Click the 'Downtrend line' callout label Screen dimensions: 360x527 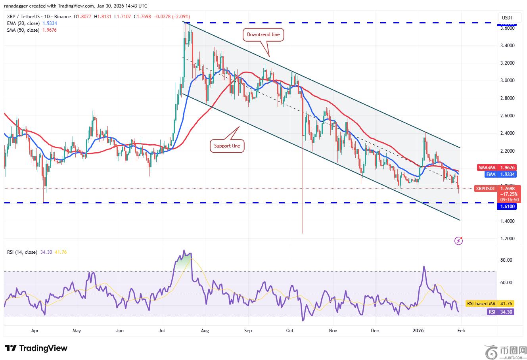pyautogui.click(x=263, y=34)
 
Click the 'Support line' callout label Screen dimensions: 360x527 pyautogui.click(x=227, y=146)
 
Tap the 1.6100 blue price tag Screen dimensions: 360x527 pyautogui.click(x=507, y=207)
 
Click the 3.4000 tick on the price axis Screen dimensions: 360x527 pyautogui.click(x=507, y=46)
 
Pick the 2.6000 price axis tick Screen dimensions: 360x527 pyautogui.click(x=507, y=116)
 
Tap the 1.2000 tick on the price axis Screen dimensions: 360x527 pyautogui.click(x=507, y=239)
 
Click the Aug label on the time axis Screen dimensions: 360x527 pyautogui.click(x=205, y=330)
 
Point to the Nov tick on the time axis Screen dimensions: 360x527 pyautogui.click(x=333, y=330)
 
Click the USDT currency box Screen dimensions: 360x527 pyautogui.click(x=507, y=17)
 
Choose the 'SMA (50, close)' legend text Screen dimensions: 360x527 pyautogui.click(x=23, y=30)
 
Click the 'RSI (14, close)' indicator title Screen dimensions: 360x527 pyautogui.click(x=22, y=252)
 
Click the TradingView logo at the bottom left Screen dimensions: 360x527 pyautogui.click(x=36, y=348)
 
